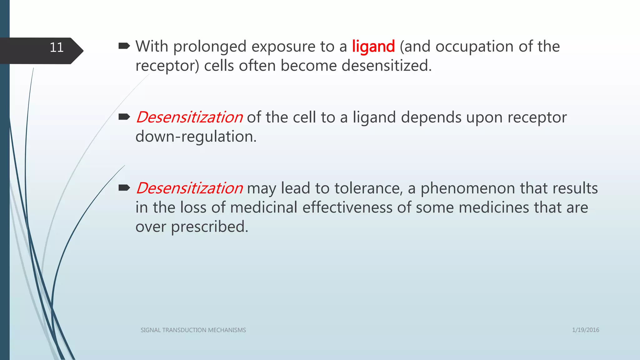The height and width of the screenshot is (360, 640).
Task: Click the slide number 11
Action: coord(57,47)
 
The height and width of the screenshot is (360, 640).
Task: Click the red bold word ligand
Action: coord(373,47)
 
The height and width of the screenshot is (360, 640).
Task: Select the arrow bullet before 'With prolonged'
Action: coord(124,47)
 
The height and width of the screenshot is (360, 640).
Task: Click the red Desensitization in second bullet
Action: coord(189,117)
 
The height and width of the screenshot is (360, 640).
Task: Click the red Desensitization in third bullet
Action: coord(189,188)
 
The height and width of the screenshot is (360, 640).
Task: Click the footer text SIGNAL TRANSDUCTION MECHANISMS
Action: coord(193,330)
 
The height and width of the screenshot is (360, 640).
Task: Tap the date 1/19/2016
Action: coord(585,330)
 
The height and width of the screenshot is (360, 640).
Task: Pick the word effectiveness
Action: coord(347,207)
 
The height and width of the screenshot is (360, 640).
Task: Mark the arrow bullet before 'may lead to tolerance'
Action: coord(124,188)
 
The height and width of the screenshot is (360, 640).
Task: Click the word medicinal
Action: coord(263,207)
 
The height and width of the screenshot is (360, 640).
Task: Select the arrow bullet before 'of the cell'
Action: coord(124,117)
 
